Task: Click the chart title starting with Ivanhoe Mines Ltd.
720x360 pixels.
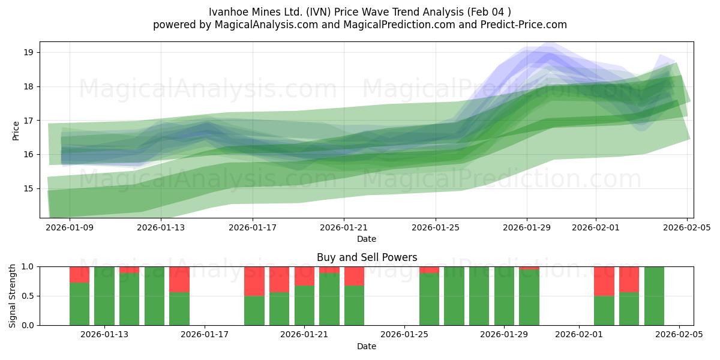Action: [x=360, y=11]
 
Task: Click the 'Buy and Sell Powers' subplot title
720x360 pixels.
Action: [x=367, y=257]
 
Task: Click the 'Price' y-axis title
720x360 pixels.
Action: [x=16, y=130]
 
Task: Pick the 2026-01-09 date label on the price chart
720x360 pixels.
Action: [x=69, y=228]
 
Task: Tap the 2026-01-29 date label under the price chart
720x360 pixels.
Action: [x=527, y=228]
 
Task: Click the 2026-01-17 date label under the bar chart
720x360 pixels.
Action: [x=205, y=335]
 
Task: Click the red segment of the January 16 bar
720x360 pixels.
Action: [x=179, y=279]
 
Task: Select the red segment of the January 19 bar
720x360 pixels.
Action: [x=254, y=281]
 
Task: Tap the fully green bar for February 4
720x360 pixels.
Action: [x=654, y=296]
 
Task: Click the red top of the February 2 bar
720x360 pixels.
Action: [x=604, y=281]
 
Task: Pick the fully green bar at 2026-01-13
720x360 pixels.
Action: [x=104, y=296]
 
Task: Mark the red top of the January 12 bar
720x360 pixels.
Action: [x=79, y=274]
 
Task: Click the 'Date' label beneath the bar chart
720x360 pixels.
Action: [x=367, y=346]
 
